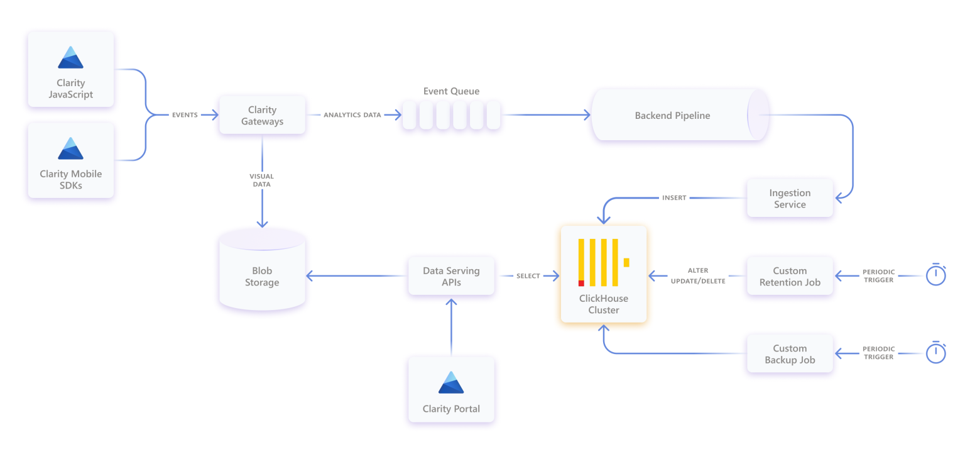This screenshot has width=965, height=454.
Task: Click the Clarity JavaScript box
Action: tap(71, 69)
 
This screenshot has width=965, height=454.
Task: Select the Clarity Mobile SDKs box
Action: tap(71, 160)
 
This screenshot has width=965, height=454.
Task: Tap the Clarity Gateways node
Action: tap(262, 115)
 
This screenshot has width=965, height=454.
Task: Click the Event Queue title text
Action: tap(451, 91)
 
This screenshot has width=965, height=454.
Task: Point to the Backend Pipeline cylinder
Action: tap(672, 116)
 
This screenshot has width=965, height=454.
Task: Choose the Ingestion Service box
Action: tap(790, 199)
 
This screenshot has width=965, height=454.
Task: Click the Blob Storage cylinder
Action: tap(262, 274)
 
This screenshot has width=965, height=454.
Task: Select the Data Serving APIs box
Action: tap(451, 276)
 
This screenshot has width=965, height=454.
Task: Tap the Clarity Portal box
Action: tap(451, 390)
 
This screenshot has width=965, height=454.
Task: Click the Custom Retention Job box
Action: tap(790, 276)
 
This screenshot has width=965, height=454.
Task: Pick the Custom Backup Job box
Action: tap(790, 354)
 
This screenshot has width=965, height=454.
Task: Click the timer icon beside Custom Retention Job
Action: tap(936, 275)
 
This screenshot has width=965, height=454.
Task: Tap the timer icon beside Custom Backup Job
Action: tap(936, 353)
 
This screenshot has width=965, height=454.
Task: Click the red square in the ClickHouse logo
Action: tap(581, 283)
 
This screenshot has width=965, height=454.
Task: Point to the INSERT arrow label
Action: tap(674, 198)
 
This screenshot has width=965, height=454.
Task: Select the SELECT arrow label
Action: tap(528, 276)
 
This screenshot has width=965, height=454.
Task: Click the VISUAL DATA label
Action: tap(262, 181)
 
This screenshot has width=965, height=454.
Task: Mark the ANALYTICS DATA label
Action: tap(352, 115)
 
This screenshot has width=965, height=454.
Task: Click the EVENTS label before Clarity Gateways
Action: tap(185, 115)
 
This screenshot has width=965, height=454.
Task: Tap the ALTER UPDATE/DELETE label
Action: tap(697, 276)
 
